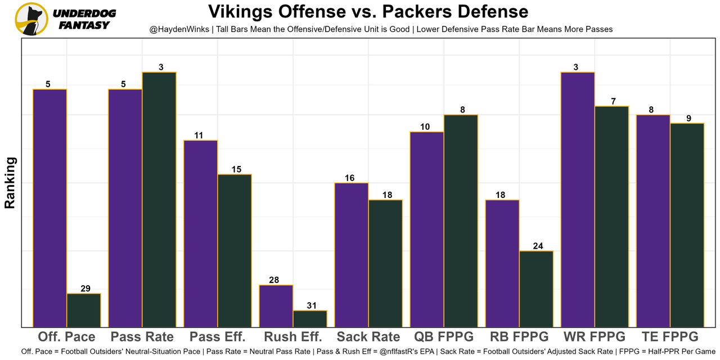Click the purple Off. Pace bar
pos(50,208)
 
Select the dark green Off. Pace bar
pos(84,310)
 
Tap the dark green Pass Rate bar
pos(159,200)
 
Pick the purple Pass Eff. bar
pos(201,233)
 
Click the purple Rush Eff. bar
pos(276,306)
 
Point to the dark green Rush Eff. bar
pos(310,318)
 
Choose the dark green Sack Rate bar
pos(385,263)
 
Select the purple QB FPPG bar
pos(427,229)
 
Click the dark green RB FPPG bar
pos(536,289)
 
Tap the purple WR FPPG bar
pos(578,200)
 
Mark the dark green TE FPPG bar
pos(687,225)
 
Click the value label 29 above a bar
pos(84,289)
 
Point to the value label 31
pos(310,305)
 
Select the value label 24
pos(537,246)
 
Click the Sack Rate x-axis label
pos(368,337)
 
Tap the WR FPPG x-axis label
pos(595,337)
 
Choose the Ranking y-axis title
pos(10,183)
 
